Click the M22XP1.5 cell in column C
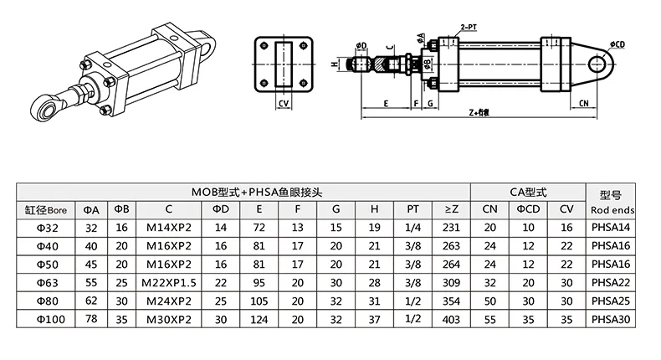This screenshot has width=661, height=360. pos(169,283)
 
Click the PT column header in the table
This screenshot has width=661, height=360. pos(412,209)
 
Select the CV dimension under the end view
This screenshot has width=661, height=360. pos(284,105)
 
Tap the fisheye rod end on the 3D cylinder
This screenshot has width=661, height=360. pos(42,106)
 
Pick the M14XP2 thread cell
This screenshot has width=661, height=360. pos(169,228)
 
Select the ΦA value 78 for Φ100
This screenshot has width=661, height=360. pos(91,320)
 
